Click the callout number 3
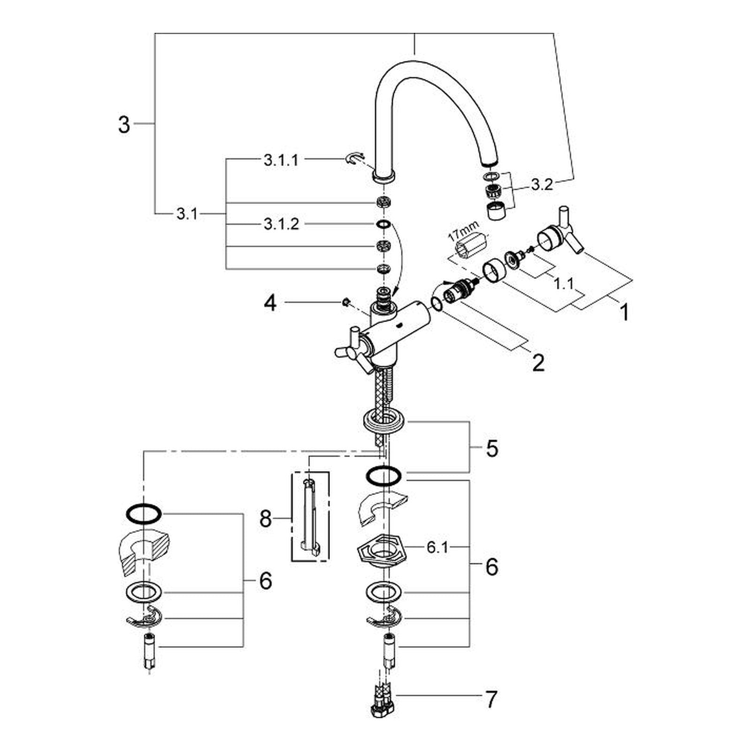tap(123, 125)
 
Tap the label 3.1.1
tap(281, 161)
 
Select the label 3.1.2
tap(281, 224)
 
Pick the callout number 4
tap(270, 304)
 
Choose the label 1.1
tap(564, 284)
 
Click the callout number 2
tap(538, 363)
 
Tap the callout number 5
tap(491, 449)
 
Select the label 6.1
tap(437, 547)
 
